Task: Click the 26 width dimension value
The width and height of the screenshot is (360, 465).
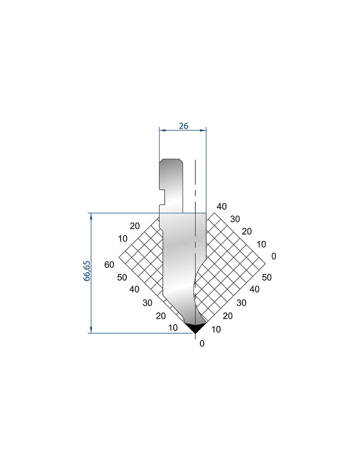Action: coord(183,126)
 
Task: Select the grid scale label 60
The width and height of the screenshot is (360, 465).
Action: coord(109,265)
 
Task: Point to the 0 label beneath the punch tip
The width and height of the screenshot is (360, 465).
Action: coord(202,344)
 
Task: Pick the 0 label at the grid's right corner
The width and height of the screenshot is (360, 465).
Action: coord(274,256)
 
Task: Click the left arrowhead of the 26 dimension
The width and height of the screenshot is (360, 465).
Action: coord(161,131)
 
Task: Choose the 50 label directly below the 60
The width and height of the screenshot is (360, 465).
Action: coord(121,278)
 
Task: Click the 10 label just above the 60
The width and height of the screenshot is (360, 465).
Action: coord(122,238)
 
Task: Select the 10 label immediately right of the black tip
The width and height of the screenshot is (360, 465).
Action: coord(216,330)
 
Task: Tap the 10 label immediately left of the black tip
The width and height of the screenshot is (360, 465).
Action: coord(173,328)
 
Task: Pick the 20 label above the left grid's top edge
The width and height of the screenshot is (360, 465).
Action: coord(134,226)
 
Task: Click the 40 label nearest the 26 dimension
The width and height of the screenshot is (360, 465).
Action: coord(221,207)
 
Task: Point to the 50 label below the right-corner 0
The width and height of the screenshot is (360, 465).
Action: coord(267,277)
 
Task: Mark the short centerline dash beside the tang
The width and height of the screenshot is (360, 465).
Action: coord(195,193)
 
